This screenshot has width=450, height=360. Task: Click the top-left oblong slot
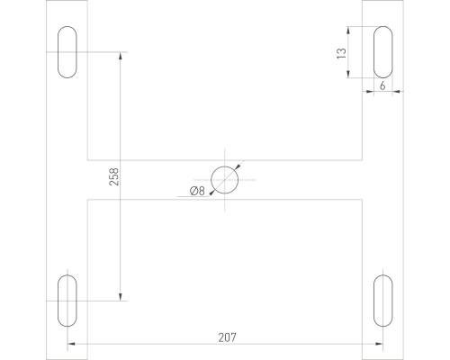point(67,53)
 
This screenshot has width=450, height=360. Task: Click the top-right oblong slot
point(382,53)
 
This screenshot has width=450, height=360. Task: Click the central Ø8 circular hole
point(224,180)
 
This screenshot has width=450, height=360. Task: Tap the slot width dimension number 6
point(383,86)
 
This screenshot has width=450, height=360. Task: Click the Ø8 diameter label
point(198,190)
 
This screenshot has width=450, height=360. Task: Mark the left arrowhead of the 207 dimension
point(71,345)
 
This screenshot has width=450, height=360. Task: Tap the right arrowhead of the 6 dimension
point(395,91)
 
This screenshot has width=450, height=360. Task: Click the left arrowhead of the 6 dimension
point(370,91)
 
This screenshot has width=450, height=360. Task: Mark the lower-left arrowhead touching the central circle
point(212,192)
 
